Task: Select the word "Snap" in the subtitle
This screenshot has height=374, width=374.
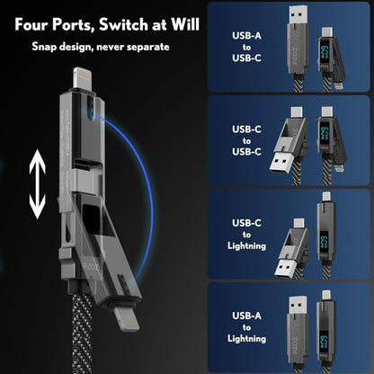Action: pyautogui.click(x=47, y=45)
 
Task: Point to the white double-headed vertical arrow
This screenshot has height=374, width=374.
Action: pyautogui.click(x=36, y=185)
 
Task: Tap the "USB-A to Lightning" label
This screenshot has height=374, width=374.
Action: pyautogui.click(x=248, y=326)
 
